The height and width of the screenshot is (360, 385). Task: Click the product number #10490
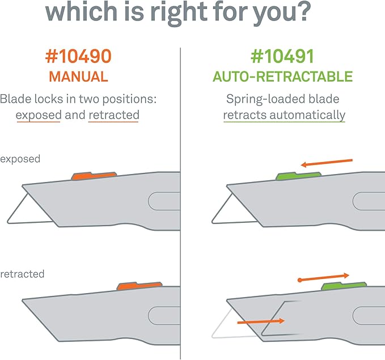point(79,57)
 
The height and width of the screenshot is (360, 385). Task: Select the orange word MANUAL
point(79,76)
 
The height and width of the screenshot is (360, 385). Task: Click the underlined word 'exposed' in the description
point(39,115)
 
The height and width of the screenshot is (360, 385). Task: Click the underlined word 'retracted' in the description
point(113,115)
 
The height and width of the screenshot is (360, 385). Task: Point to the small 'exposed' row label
point(20,159)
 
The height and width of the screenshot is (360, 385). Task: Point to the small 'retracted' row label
point(23,274)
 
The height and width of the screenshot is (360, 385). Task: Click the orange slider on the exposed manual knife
point(94,176)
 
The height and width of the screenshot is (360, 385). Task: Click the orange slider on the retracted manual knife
point(139,287)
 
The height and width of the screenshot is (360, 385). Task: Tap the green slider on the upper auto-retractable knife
point(298,176)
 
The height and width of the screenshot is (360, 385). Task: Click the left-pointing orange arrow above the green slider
point(326,163)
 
